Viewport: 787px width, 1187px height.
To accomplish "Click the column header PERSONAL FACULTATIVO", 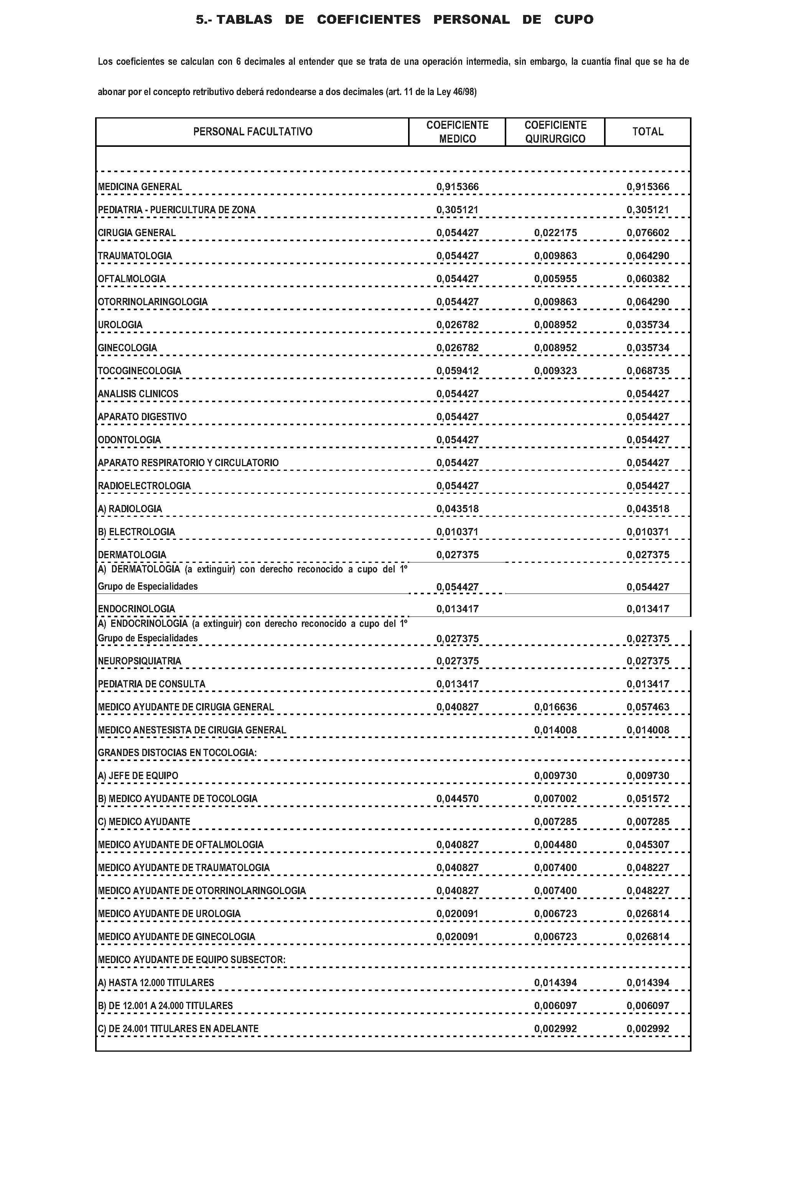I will (252, 132).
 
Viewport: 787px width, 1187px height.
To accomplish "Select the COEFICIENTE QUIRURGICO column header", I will (555, 132).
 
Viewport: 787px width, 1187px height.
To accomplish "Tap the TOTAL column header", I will (647, 132).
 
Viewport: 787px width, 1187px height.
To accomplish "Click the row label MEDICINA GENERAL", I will (140, 187).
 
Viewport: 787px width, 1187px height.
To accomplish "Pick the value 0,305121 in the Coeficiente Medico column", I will (457, 210).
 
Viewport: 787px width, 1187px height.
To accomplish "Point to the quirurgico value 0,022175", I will (555, 233).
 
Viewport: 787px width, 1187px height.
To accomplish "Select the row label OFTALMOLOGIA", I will (132, 279).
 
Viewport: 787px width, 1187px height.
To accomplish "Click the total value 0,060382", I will (647, 279).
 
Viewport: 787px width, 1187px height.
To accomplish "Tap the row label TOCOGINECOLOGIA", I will (139, 371).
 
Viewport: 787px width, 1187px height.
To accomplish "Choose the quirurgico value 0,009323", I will (555, 371).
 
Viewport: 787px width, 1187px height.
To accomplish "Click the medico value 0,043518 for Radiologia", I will (457, 509).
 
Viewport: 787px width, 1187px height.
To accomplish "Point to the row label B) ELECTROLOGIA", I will (136, 532).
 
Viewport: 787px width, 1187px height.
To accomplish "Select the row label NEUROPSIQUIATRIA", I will (139, 661).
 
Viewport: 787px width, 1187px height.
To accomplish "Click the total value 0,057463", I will (647, 707).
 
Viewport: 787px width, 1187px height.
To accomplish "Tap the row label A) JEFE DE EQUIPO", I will (138, 776).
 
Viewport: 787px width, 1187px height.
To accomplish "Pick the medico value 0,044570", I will (457, 799).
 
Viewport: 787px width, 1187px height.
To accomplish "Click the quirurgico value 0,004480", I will (555, 845).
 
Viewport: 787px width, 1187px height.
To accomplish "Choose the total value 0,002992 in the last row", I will (647, 1029).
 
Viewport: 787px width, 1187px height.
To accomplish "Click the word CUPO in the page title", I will (574, 20).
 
